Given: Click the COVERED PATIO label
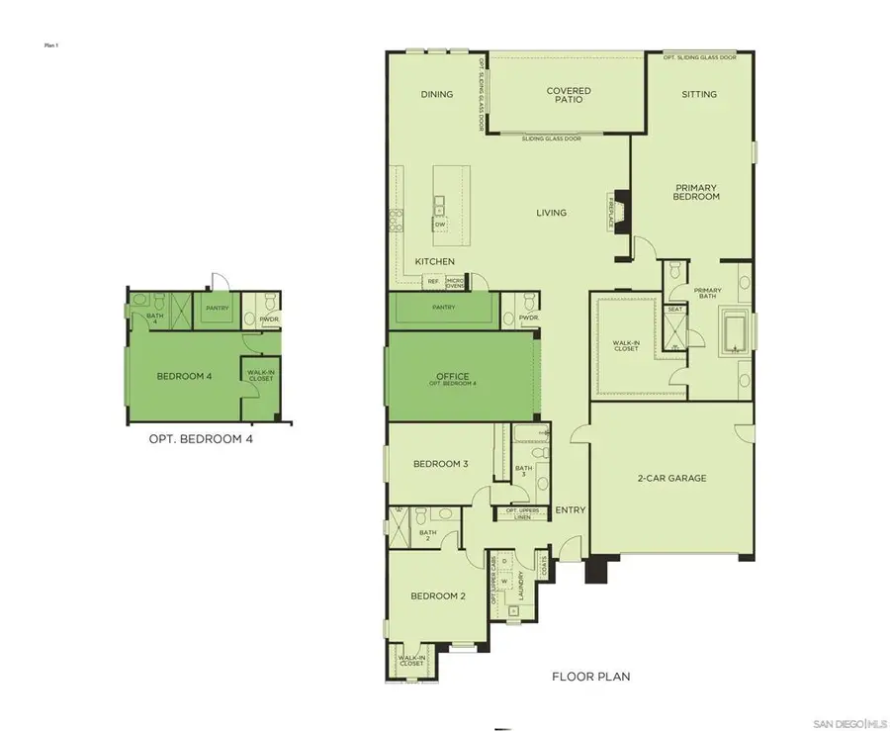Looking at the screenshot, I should [569, 95].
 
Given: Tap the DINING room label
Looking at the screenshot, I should [436, 95].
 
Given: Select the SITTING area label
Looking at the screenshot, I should [699, 95].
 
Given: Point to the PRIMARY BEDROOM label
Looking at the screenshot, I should [696, 192].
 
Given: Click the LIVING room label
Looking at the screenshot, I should [551, 213].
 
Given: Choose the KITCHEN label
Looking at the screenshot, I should [434, 261].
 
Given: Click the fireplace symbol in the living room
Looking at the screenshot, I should [621, 211].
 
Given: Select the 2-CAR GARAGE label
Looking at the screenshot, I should [671, 478].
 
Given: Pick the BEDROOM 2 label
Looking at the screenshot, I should [438, 595].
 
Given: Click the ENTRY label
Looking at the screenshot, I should [570, 510].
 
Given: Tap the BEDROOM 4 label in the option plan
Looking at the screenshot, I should [185, 376].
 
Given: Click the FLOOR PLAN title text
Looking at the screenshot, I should [590, 677].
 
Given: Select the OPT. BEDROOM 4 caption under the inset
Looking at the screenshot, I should [201, 439].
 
